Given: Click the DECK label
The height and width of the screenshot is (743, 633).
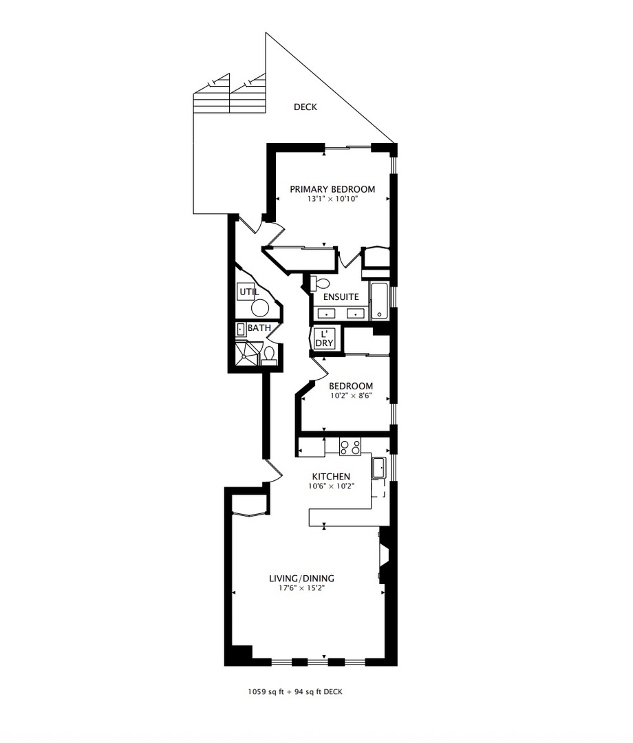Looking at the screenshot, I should coord(305,107).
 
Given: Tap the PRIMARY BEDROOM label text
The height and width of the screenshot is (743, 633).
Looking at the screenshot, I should coord(332,189).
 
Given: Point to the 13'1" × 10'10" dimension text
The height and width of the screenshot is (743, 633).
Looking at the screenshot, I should coord(332,199).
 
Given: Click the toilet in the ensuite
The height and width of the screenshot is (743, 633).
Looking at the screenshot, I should coord(320,283).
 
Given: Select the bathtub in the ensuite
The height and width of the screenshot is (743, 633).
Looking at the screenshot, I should coord(379,301).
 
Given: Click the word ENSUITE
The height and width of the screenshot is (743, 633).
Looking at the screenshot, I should coord(341,297).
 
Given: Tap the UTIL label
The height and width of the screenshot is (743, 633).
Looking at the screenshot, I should coord(248,292).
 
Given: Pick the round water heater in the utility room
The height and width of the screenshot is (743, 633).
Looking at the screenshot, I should coord(261,308).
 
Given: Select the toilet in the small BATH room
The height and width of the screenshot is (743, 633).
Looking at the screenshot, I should coord(269,356).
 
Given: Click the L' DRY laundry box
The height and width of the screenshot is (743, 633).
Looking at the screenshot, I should coord(324,338).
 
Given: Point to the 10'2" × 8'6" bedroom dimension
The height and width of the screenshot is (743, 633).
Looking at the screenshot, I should coord(350,396).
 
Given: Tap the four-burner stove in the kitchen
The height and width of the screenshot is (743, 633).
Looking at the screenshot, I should coord(350,447).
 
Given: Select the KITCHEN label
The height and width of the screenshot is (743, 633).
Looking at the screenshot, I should coord(331,476).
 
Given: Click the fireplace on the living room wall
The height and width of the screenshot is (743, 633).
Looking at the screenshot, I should coord(383,556).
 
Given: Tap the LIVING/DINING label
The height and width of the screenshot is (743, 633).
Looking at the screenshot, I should coord(301,579).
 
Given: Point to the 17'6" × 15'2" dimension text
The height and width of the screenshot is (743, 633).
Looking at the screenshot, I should coord(301,588).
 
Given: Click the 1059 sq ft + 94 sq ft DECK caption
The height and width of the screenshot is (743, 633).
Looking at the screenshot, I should coord(294,692).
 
